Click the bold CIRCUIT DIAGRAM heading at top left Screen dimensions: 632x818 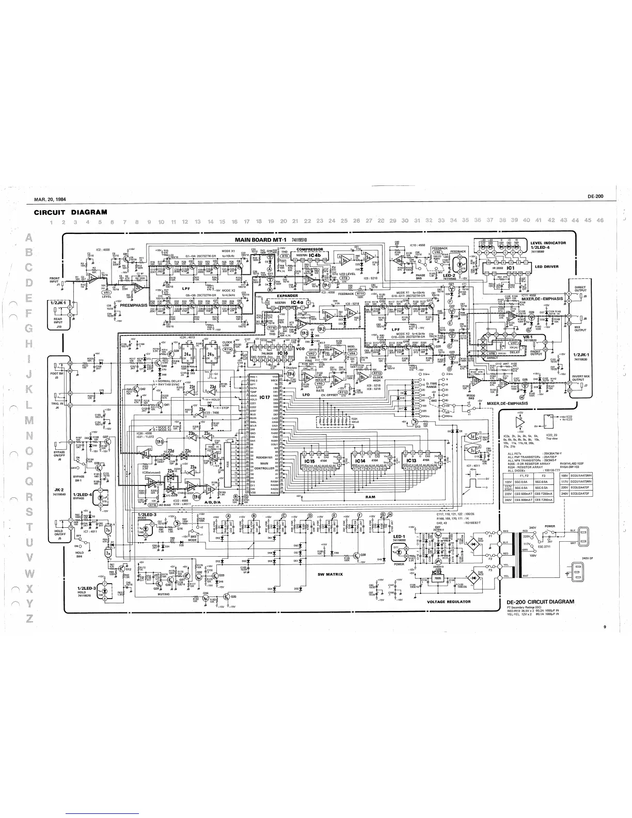click(70, 212)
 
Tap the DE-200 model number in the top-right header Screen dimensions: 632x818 click(595, 196)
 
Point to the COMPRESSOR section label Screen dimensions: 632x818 click(310, 249)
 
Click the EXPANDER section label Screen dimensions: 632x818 click(281, 296)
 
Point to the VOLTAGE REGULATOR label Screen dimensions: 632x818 click(446, 601)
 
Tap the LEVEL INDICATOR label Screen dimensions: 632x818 click(548, 243)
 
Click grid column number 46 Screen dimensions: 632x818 click(599, 221)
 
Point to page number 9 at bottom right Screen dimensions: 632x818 click(604, 627)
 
